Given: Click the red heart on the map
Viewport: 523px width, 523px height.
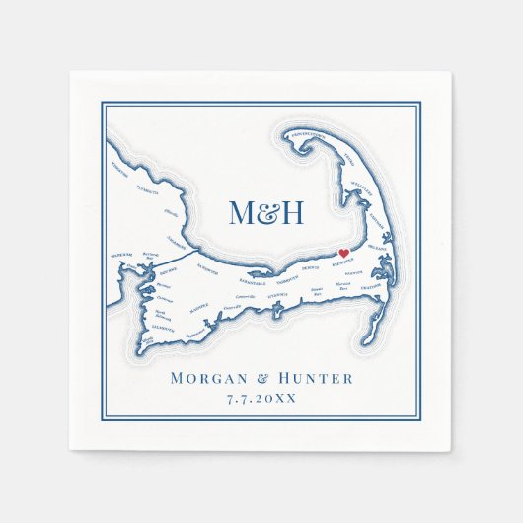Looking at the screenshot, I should click(344, 254).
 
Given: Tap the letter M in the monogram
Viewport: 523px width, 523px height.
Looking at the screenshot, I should click(242, 211).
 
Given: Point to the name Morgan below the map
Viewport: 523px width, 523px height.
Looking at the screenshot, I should click(207, 378).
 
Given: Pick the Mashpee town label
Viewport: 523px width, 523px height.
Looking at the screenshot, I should click(200, 308).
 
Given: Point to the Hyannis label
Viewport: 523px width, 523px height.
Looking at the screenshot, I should click(277, 294).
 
